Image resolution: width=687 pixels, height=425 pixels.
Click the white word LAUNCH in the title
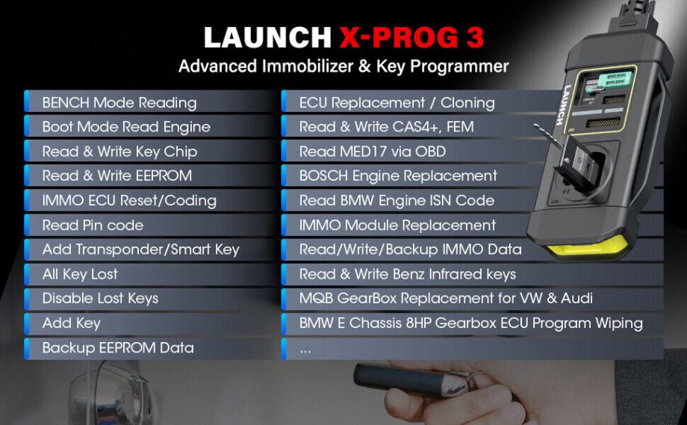coord(267,37)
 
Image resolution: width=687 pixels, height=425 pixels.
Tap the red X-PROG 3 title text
coord(411,37)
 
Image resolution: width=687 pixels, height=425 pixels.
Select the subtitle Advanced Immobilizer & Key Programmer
coord(343,66)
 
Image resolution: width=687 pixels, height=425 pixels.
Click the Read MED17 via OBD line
coord(373,152)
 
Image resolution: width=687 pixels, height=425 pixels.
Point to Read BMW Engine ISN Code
coord(397,201)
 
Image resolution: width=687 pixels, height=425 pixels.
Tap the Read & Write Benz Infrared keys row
coord(408,274)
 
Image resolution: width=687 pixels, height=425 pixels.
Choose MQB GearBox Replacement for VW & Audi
coord(446,298)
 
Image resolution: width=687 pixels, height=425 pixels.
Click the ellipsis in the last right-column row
coord(305,350)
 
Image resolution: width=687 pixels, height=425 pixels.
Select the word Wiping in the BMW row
coord(618,323)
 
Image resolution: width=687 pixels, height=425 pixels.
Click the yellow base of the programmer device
coord(588,246)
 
